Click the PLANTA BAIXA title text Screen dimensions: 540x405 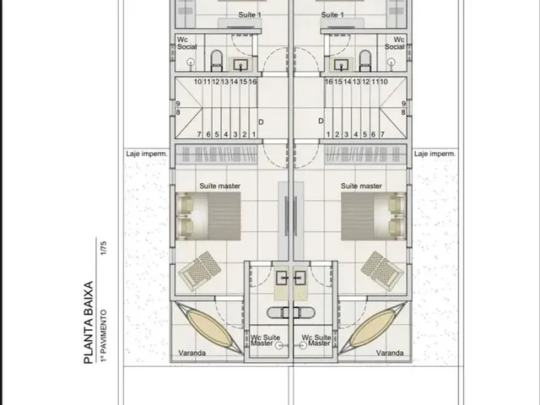89,322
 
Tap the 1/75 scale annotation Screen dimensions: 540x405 103,248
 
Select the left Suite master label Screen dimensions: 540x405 219,186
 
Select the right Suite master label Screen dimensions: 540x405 361,186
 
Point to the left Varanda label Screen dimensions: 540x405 192,353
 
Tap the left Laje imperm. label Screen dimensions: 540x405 147,154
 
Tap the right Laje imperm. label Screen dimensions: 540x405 435,154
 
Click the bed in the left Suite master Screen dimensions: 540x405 208,216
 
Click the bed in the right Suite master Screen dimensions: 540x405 374,216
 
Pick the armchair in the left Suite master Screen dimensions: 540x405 200,271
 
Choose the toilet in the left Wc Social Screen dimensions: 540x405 217,61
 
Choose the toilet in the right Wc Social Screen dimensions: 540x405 365,61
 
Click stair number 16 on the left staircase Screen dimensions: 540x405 252,82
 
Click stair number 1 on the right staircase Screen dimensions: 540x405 328,134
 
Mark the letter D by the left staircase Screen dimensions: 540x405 261,122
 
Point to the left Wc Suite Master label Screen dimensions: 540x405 265,340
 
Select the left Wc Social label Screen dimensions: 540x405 187,43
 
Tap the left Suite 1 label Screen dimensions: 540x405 250,15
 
